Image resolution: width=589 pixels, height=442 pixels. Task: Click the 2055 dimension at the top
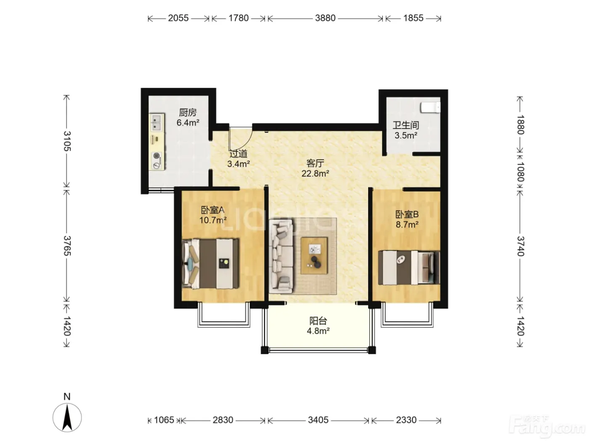click(178, 18)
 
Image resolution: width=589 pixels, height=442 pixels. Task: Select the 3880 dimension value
click(325, 18)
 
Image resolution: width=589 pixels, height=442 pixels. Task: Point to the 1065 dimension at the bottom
click(164, 420)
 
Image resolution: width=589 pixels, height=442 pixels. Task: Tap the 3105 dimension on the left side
click(67, 141)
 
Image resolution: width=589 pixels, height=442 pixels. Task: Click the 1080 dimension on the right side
click(520, 172)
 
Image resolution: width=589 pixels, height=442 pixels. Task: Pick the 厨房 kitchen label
click(188, 112)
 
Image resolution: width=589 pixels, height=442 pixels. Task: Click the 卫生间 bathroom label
click(406, 125)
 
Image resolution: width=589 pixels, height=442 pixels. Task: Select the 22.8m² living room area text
click(315, 173)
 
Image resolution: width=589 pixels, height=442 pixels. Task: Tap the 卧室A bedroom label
click(212, 210)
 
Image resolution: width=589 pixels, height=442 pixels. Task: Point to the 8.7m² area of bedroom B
click(407, 224)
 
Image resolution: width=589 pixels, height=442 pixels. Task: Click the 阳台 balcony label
click(318, 321)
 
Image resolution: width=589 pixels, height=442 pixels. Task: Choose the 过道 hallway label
click(238, 154)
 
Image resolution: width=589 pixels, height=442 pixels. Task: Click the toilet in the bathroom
click(430, 107)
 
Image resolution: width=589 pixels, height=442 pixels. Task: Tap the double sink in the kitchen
click(157, 122)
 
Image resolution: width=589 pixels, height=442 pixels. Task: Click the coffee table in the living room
click(314, 256)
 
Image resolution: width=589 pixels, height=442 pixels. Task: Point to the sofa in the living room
click(281, 256)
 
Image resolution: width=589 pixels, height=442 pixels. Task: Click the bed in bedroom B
click(409, 268)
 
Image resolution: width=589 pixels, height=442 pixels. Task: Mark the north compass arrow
click(67, 419)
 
